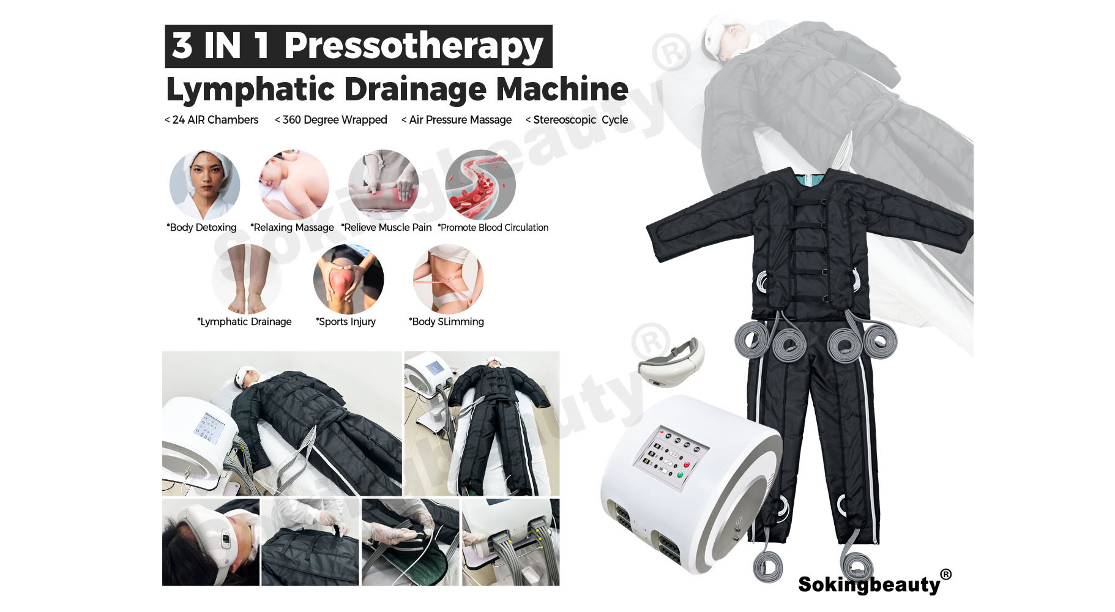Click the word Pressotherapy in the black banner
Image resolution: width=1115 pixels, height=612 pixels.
tap(413, 47)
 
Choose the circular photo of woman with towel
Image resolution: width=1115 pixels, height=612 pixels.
tap(204, 184)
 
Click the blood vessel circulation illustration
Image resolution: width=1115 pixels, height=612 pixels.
tap(480, 184)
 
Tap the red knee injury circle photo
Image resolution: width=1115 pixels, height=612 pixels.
tap(348, 279)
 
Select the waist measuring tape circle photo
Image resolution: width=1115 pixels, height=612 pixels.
tap(448, 279)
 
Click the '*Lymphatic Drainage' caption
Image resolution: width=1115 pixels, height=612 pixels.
tap(244, 322)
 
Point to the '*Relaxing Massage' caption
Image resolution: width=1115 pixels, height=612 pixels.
tap(292, 228)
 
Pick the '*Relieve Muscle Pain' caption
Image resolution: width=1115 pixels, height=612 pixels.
tap(386, 228)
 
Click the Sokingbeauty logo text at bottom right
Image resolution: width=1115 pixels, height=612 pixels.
tap(869, 584)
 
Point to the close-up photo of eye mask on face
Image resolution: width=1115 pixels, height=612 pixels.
tap(211, 542)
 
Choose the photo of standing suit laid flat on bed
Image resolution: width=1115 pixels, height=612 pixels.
tap(482, 423)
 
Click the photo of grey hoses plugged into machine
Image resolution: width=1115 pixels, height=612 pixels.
tap(510, 542)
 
